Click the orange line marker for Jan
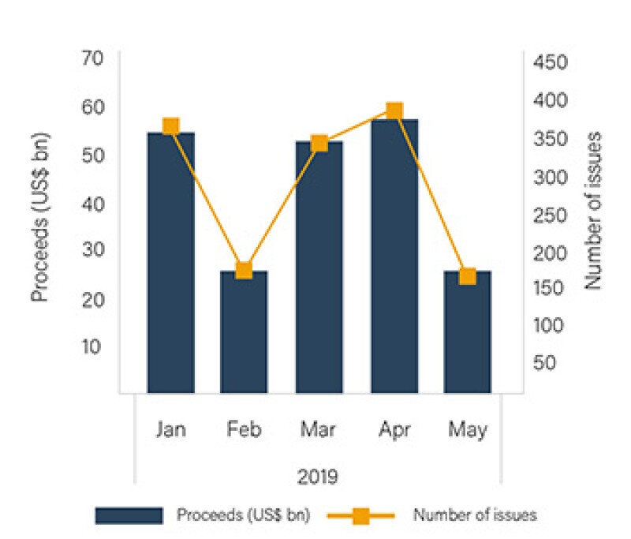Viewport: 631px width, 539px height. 170,126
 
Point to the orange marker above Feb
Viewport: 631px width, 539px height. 244,270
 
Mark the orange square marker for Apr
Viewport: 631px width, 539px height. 394,110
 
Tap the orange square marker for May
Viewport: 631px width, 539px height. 468,276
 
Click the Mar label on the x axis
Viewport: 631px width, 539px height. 319,430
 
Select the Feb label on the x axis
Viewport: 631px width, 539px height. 244,430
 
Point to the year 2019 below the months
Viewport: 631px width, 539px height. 318,477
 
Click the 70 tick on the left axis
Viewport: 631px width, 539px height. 95,59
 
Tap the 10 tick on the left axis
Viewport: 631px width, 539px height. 95,346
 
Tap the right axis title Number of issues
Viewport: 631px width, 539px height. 593,210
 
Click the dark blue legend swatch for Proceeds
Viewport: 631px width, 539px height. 129,515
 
